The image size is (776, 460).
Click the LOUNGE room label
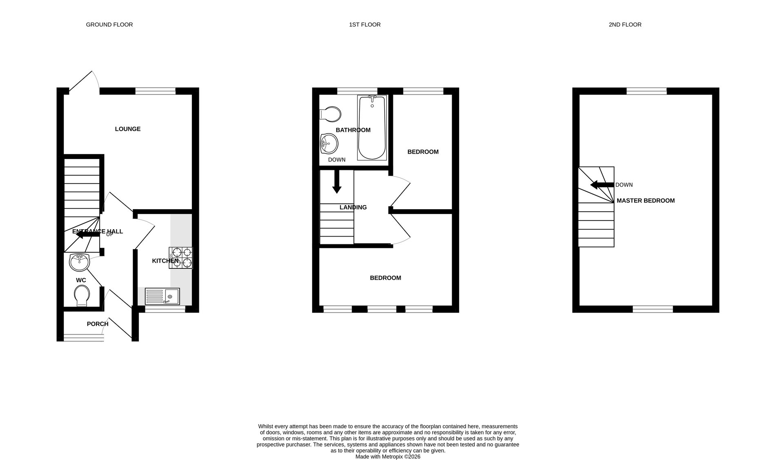coord(128,129)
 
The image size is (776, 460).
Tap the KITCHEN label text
coord(165,261)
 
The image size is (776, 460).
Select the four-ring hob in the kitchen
coord(181,258)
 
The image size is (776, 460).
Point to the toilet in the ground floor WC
coord(82,295)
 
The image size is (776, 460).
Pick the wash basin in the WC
coord(79,262)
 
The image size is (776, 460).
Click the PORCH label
coord(98,324)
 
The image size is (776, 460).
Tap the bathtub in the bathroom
coord(372,127)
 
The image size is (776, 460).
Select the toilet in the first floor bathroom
coord(331,114)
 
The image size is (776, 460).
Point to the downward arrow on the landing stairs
coord(337,181)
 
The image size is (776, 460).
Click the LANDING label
coord(353,208)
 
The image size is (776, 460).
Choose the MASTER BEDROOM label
coord(645,201)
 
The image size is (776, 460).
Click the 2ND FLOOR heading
coord(625,25)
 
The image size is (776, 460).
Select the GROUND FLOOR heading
coord(109,25)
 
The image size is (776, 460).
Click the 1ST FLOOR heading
coord(365,25)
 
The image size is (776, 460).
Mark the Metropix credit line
coord(388,457)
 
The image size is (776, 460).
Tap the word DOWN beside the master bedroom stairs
coord(624,185)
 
